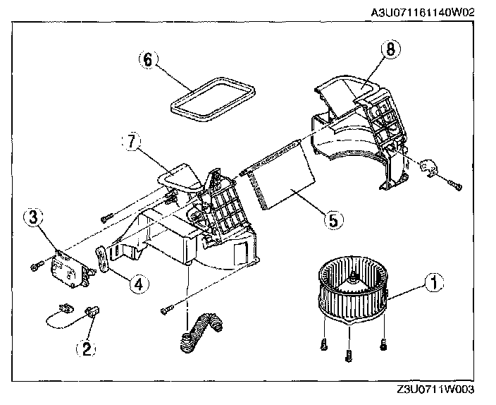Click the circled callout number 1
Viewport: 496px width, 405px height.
point(434,284)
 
